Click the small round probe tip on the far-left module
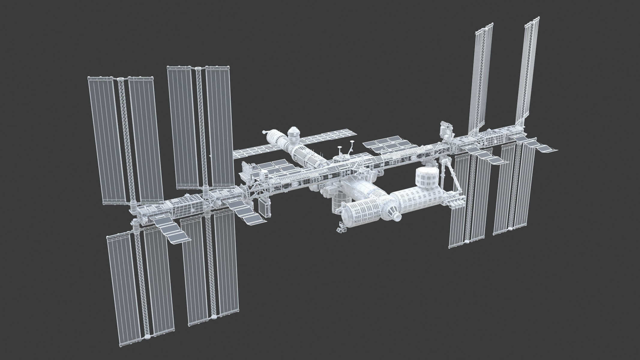point(264,132)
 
